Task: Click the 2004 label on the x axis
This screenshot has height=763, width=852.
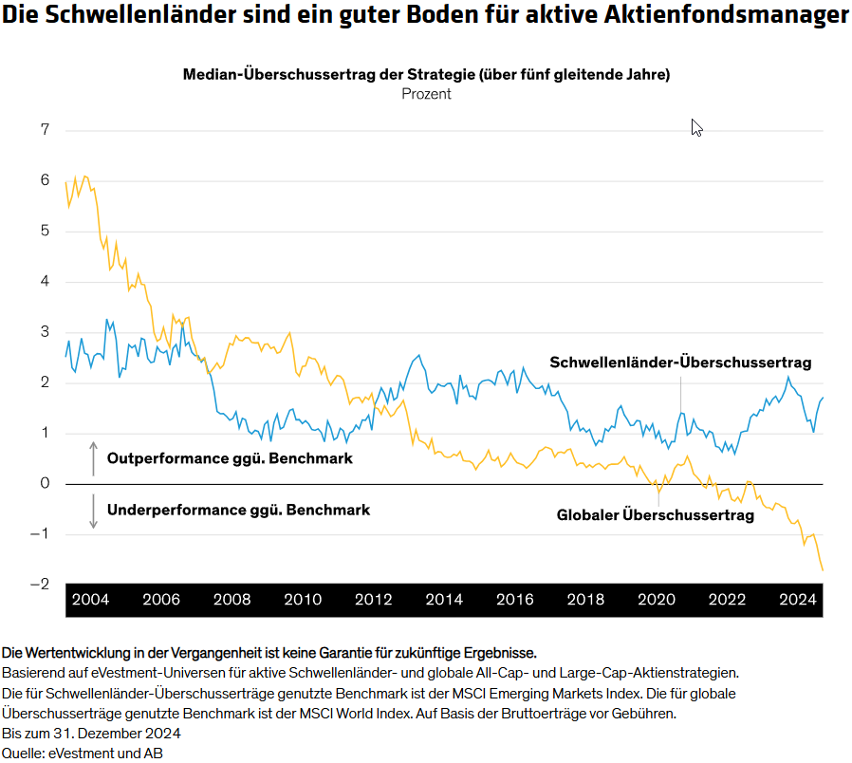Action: click(90, 600)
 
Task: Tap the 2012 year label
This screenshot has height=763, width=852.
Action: click(373, 600)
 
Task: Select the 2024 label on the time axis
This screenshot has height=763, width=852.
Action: click(798, 600)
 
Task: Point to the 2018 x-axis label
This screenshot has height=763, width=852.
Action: click(585, 600)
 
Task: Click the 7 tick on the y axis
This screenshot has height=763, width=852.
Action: click(44, 130)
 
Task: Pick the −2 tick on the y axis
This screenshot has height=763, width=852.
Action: click(39, 584)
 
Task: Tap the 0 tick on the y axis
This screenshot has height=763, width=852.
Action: click(44, 483)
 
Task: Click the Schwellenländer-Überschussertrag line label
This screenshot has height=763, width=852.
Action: click(680, 363)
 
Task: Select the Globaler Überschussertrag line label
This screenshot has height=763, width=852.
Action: click(655, 515)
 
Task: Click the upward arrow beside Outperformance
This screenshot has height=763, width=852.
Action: click(93, 458)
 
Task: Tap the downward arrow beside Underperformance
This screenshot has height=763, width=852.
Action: click(93, 511)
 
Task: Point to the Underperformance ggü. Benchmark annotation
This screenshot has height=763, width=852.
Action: click(238, 510)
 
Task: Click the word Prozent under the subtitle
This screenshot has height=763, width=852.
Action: click(426, 94)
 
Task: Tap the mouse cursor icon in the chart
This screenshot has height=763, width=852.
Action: click(696, 127)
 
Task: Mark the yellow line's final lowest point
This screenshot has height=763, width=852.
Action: click(822, 569)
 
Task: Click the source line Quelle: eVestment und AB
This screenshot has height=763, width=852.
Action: click(83, 753)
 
